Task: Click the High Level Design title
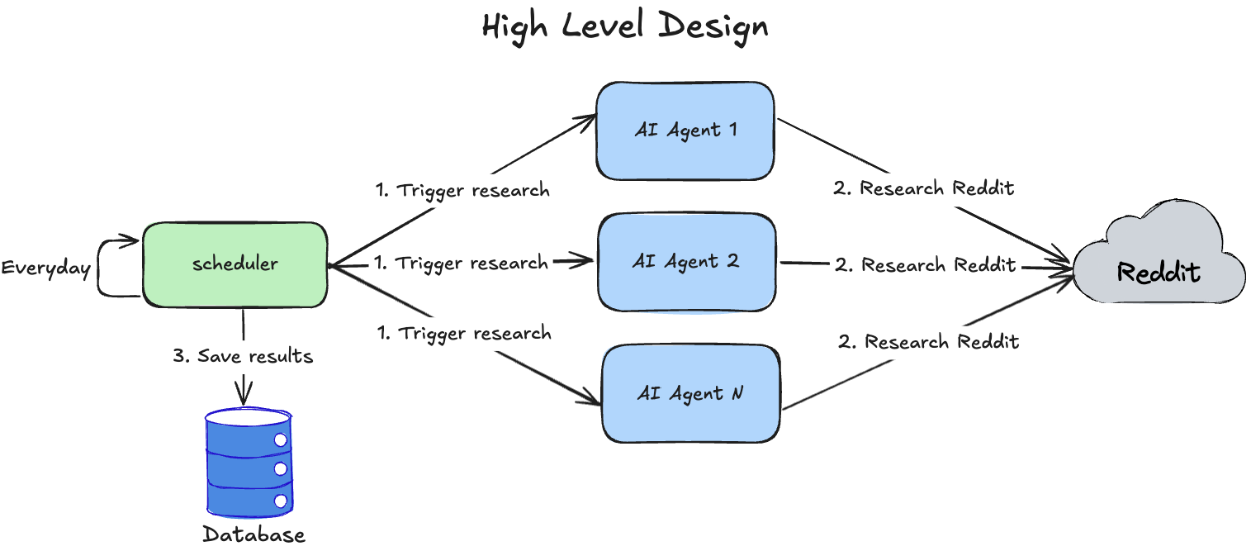coord(624,26)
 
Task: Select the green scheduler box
coord(235,264)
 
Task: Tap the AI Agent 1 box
coord(685,131)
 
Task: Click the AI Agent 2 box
coord(687,262)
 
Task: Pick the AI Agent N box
coord(690,394)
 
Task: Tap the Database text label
coord(254,534)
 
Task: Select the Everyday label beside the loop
coord(46,268)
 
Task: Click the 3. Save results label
coord(243,356)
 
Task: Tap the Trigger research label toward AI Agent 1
coord(462,190)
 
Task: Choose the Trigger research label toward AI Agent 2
coord(461,263)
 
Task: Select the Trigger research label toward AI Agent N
coord(464,334)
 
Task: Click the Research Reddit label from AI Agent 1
coord(923,188)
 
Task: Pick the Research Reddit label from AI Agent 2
coord(925,264)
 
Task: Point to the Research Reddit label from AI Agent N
coord(929,341)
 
